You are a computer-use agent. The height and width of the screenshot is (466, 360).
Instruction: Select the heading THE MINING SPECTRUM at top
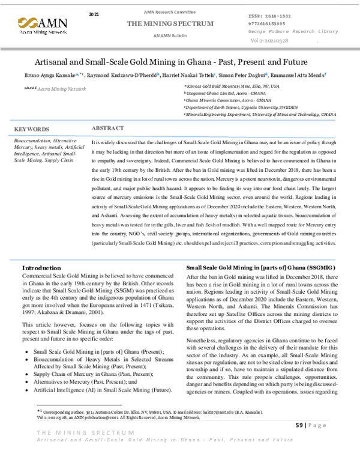point(169,23)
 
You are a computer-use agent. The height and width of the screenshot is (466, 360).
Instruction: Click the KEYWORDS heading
point(31,129)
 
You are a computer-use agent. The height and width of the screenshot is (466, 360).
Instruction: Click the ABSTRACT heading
point(108,129)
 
